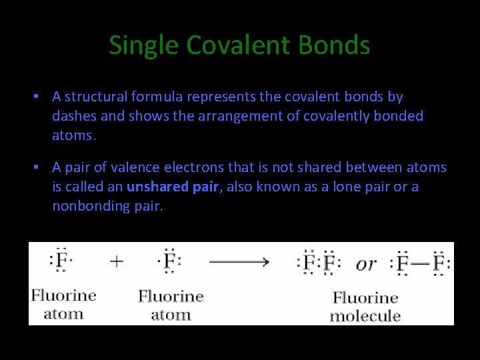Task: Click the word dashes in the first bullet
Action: [x=75, y=116]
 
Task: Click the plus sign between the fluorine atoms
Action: [x=117, y=261]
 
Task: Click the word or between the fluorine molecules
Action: [x=365, y=264]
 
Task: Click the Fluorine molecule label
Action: [x=365, y=307]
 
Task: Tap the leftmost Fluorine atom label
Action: [x=63, y=304]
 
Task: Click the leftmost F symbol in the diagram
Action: [x=61, y=261]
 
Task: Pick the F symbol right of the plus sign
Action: [x=169, y=261]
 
